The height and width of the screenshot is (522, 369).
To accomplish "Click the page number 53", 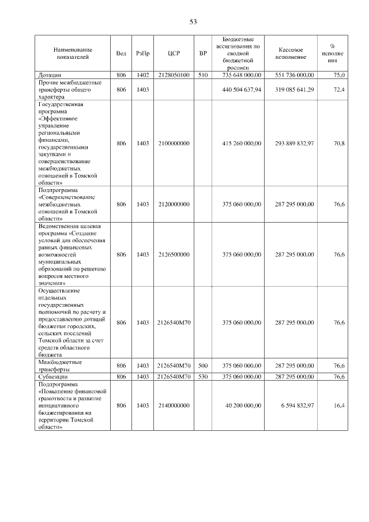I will [193, 22].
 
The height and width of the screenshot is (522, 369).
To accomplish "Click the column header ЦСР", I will [174, 54].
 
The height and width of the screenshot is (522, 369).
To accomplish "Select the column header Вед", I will [121, 54].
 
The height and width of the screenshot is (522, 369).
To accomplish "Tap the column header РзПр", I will [143, 54].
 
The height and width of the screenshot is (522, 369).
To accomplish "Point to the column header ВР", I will [202, 54].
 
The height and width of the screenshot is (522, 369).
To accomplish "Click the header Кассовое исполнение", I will [294, 54].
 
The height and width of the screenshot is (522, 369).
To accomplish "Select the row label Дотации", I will [50, 75].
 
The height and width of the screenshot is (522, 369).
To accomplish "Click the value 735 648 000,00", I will [242, 75].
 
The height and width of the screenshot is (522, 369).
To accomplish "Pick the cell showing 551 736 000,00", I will [294, 75].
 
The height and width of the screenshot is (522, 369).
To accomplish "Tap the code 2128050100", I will [174, 75].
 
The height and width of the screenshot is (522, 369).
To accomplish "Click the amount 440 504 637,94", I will [242, 90].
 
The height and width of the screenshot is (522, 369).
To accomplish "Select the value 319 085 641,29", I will [294, 90].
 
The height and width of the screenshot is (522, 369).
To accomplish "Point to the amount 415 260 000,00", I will [242, 143].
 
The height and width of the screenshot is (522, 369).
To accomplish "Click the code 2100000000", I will [174, 143].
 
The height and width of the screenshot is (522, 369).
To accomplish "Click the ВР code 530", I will [202, 377].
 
